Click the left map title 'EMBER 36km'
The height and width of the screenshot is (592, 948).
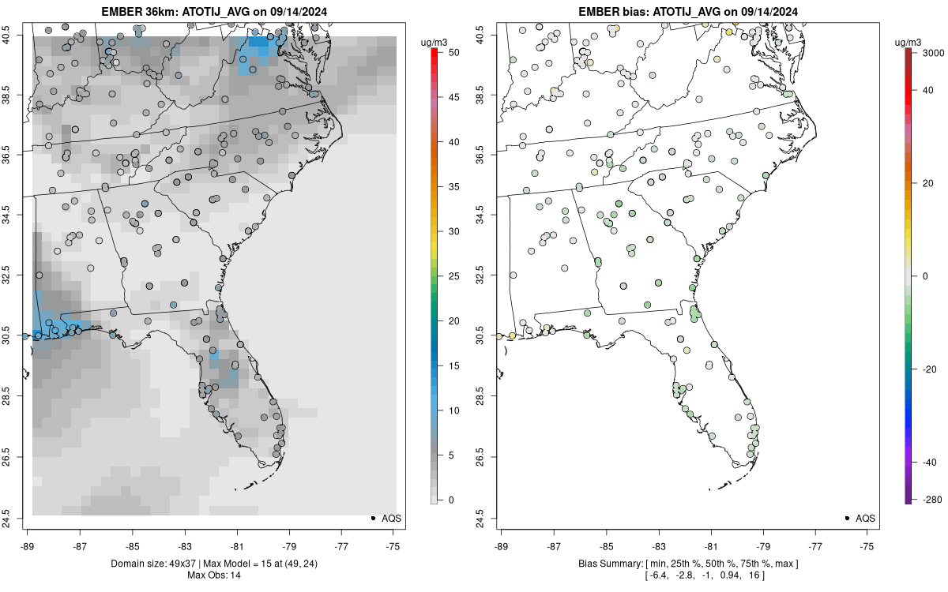[130, 12]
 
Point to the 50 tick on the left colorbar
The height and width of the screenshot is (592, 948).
[450, 52]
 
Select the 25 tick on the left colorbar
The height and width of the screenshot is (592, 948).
[450, 276]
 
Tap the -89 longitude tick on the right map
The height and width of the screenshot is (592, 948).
[502, 544]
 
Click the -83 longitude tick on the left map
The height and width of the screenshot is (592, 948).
[184, 544]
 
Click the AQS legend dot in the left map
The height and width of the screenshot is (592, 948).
[372, 518]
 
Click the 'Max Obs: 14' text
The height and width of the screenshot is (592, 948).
[213, 575]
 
